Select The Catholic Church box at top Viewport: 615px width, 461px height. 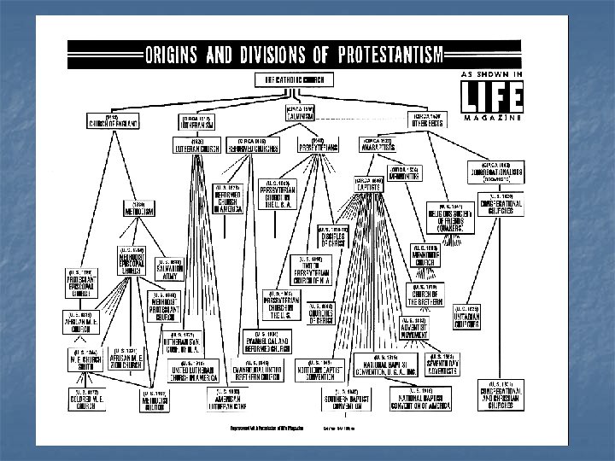click(293, 79)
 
